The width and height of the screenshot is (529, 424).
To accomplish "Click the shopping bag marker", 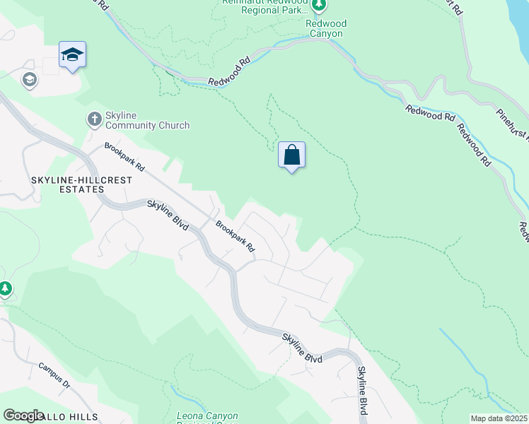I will pyautogui.click(x=292, y=155).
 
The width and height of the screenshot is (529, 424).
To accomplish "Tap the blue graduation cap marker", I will pyautogui.click(x=72, y=55).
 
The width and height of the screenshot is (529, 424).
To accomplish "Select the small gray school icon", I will pyautogui.click(x=30, y=79).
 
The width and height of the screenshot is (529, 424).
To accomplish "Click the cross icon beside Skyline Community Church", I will pyautogui.click(x=94, y=119).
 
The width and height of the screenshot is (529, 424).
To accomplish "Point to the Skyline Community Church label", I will pyautogui.click(x=147, y=120).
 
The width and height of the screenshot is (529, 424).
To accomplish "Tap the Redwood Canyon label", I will pyautogui.click(x=325, y=28).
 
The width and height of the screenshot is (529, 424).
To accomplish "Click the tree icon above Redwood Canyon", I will pyautogui.click(x=319, y=6).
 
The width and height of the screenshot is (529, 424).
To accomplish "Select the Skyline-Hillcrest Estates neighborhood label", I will pyautogui.click(x=67, y=185).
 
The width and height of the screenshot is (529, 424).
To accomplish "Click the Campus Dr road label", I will pyautogui.click(x=55, y=375).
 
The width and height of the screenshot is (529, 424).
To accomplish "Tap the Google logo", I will pyautogui.click(x=23, y=416).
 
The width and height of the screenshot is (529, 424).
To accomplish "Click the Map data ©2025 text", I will pyautogui.click(x=499, y=418).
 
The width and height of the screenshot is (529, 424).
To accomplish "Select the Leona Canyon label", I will pyautogui.click(x=207, y=416).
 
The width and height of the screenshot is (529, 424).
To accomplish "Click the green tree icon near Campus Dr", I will pyautogui.click(x=6, y=288).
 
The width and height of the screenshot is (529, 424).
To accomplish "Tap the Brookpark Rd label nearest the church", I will pyautogui.click(x=124, y=158).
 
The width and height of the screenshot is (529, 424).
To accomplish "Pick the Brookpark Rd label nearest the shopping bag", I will pyautogui.click(x=235, y=237).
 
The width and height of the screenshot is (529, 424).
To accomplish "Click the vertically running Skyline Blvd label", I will pyautogui.click(x=361, y=391).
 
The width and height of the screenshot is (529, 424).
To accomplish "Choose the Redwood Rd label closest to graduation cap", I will pyautogui.click(x=231, y=72).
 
